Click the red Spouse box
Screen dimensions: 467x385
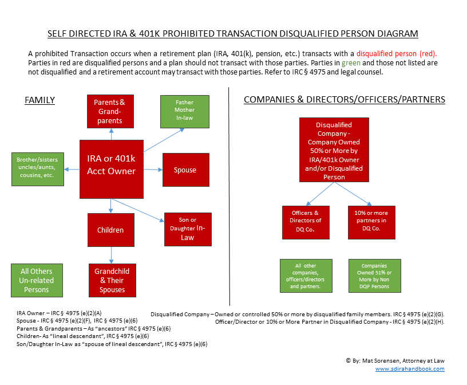tap(186, 170)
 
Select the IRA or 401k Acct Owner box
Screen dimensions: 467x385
tap(112, 169)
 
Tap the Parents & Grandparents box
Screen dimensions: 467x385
tap(110, 111)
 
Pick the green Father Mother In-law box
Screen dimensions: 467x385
tap(185, 112)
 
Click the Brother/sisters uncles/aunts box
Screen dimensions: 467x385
tap(38, 169)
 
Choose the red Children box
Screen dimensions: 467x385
tap(111, 230)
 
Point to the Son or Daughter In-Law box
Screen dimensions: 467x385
tap(188, 229)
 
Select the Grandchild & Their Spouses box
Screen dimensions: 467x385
tap(112, 280)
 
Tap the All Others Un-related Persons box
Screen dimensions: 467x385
tap(37, 280)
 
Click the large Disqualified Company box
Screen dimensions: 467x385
tap(334, 150)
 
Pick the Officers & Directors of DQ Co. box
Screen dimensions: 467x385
tap(306, 222)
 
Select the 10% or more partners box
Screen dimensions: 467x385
tap(371, 222)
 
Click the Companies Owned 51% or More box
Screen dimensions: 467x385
tap(375, 276)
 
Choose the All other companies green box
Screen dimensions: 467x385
tap(306, 276)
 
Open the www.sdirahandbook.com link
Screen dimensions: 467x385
tap(410, 369)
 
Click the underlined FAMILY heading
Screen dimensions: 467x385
tap(39, 100)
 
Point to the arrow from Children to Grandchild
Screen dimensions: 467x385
tap(112, 256)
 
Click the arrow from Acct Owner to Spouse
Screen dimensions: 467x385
tap(153, 170)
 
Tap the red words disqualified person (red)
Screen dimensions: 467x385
tap(397, 54)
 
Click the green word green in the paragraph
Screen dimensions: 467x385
tap(351, 63)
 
